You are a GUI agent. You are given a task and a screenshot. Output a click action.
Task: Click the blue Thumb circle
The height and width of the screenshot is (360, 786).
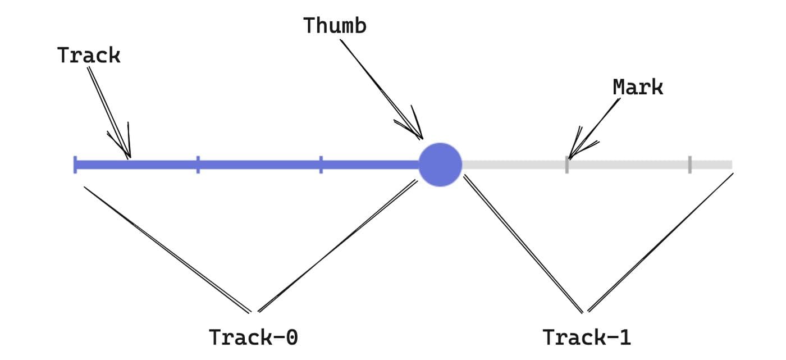(x=440, y=165)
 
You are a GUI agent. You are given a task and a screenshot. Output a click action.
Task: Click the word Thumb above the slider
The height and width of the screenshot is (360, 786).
(x=335, y=25)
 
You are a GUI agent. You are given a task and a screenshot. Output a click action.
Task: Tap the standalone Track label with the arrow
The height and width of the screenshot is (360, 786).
(x=89, y=55)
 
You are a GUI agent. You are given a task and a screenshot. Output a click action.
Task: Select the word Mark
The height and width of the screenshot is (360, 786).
(x=638, y=87)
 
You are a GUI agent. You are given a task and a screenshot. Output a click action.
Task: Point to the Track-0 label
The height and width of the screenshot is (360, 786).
(x=253, y=338)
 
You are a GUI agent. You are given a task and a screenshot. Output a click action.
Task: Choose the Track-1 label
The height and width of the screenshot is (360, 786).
(x=587, y=338)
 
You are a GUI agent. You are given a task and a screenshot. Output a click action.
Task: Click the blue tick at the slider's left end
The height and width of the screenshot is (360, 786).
(x=75, y=165)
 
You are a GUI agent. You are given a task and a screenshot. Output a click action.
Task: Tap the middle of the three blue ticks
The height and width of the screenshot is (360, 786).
(x=198, y=165)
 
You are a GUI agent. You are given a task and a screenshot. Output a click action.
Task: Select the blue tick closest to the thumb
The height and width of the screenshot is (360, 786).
(x=321, y=165)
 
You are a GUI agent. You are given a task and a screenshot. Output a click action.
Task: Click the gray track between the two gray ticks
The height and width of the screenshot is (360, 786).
(x=629, y=165)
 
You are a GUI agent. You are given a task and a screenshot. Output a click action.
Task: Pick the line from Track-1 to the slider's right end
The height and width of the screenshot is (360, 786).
(x=660, y=242)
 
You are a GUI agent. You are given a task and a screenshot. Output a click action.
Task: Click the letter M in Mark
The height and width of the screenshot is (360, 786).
(x=619, y=87)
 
